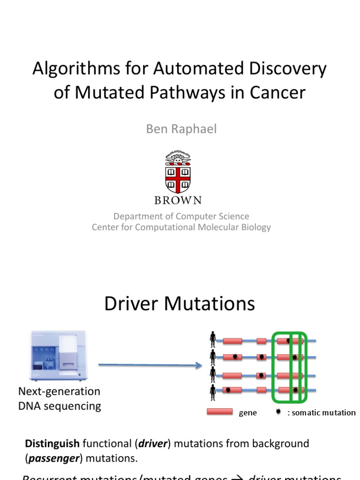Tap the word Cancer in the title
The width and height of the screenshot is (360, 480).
tap(276, 92)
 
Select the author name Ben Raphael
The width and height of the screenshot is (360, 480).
tap(181, 129)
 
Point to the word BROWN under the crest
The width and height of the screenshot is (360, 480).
tap(178, 200)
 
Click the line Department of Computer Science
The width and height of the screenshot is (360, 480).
tap(181, 216)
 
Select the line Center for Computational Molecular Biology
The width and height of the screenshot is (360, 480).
tap(181, 227)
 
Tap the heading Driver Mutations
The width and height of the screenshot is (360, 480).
tap(180, 303)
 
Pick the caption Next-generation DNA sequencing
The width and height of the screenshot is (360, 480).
tap(60, 398)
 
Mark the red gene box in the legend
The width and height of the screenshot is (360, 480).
tap(220, 412)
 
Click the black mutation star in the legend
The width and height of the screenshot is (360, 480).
tap(278, 412)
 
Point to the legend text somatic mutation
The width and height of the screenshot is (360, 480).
tap(323, 412)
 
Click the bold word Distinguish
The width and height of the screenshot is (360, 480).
tap(52, 443)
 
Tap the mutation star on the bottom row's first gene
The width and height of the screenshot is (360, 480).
tap(228, 390)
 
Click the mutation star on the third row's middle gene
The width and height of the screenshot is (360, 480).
tap(262, 375)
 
